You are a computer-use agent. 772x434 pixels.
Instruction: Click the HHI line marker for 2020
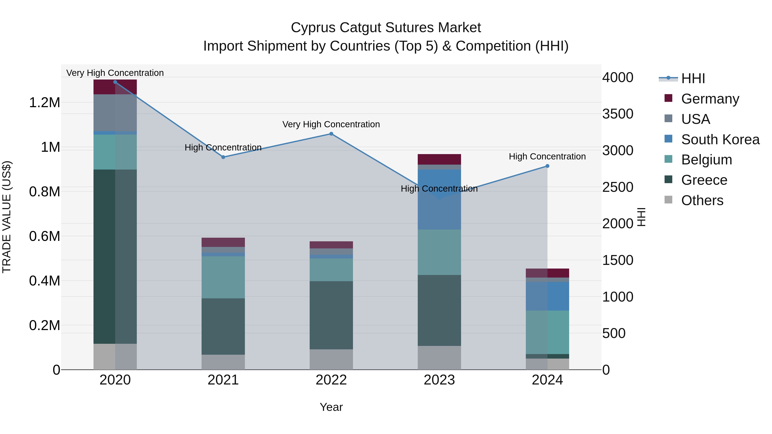pos(115,82)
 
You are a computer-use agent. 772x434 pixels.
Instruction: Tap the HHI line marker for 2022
pos(331,134)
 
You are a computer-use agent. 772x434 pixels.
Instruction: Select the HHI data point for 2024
pos(547,166)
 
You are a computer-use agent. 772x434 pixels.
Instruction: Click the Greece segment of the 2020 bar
pos(115,256)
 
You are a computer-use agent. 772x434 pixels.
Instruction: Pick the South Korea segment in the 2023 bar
pos(439,200)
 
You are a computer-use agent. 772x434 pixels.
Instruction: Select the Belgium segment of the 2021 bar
pos(223,277)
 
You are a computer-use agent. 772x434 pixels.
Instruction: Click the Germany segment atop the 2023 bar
pos(439,159)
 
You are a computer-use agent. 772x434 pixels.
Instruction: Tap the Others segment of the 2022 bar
pos(331,359)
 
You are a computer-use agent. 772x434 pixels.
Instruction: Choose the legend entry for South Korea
pos(720,140)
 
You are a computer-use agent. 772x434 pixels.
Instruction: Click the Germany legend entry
pos(710,99)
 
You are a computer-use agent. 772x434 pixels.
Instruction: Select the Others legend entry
pos(702,200)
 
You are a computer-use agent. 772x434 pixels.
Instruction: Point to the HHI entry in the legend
pos(693,78)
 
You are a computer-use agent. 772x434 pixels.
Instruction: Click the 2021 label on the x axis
pos(223,380)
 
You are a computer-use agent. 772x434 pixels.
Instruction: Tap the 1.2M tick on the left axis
pos(44,103)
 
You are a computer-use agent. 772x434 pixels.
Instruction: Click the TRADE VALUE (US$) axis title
pos(7,217)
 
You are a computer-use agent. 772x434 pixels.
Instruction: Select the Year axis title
pos(331,407)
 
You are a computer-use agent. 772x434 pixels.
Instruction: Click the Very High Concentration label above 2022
pos(331,124)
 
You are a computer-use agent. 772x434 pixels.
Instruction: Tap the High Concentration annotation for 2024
pos(547,156)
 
